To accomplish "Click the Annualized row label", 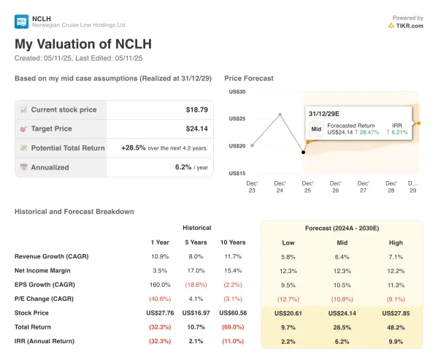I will coord(50,166).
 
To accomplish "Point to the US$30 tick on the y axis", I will coord(237,91).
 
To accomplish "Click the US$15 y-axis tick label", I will coord(237,173).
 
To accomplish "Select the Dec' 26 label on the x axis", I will coord(335,186).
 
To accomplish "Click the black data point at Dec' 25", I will coord(304,152).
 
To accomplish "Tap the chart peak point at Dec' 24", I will coord(280,115).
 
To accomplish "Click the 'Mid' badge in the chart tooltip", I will coord(316,129).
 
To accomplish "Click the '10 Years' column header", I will coord(232,242).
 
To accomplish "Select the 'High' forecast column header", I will coord(395,242).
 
